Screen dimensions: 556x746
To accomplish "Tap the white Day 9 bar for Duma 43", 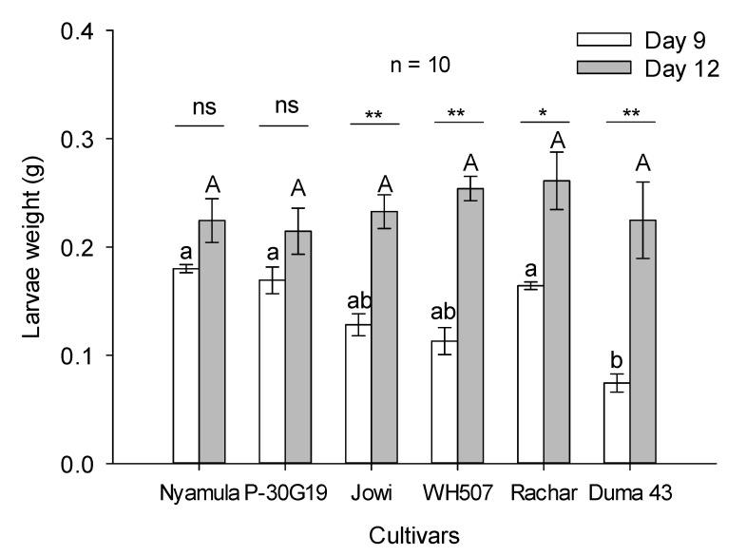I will pos(617,423).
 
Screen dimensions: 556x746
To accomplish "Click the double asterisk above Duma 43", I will pos(631,114).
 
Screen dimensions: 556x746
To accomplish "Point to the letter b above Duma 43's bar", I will pos(618,361).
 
